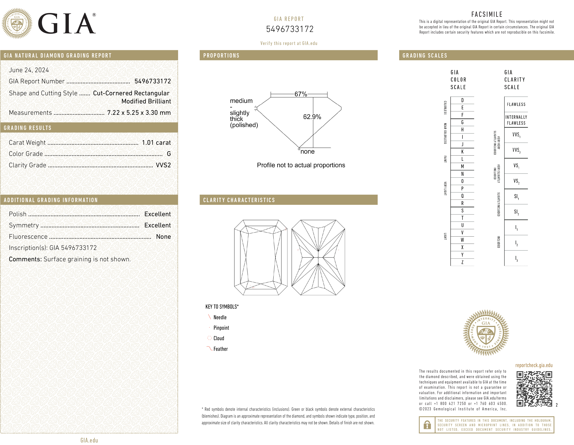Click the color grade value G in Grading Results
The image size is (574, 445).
coord(169,154)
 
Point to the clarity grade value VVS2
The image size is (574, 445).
coord(163,165)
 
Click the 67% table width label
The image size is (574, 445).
coord(300,94)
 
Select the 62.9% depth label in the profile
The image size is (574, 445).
coord(312,117)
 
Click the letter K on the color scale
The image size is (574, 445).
coord(462,152)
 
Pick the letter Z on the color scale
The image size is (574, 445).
coord(462,262)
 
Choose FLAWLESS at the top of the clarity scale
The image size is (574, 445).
coord(516,104)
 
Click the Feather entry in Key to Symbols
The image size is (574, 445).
coord(220,349)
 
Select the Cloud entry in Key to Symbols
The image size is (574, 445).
coord(219,338)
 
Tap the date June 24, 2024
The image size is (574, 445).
coord(29,70)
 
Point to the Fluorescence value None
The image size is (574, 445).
coord(163,237)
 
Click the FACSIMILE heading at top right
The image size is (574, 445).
coord(487,14)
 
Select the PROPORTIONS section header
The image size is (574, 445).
coord(221,55)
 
